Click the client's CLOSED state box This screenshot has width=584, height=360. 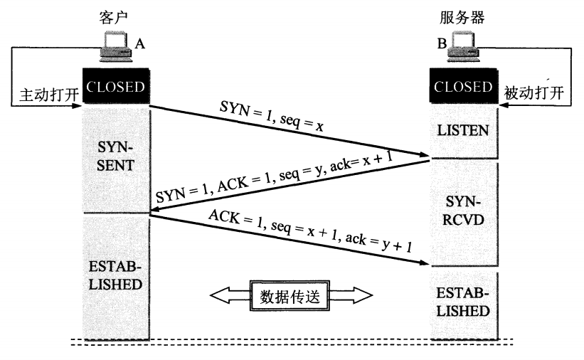[x=115, y=88]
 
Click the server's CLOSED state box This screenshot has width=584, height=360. [x=463, y=88]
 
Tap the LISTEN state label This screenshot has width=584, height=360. [x=463, y=131]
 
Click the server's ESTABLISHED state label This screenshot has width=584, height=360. [x=463, y=303]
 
